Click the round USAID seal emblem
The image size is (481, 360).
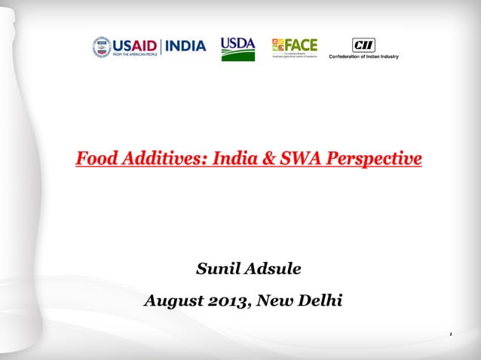(101, 47)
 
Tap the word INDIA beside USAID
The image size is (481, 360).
(185, 45)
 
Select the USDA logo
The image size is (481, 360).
(237, 48)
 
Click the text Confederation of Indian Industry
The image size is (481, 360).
(364, 57)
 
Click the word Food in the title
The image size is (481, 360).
(95, 160)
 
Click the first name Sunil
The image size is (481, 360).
(218, 268)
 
